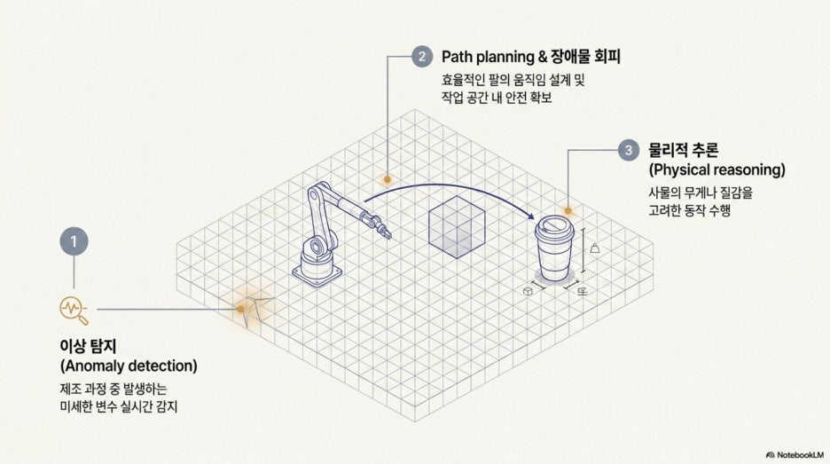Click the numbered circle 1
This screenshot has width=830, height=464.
tap(74, 241)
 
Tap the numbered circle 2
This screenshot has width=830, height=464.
tap(422, 57)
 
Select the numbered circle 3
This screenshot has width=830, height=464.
tap(629, 150)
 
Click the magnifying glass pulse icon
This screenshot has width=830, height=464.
tap(74, 310)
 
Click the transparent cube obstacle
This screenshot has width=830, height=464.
tap(457, 227)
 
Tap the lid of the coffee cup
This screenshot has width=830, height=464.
tap(554, 228)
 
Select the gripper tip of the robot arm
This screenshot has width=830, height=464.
tap(387, 233)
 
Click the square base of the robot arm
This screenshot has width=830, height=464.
tap(317, 274)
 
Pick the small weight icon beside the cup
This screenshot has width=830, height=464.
tap(595, 248)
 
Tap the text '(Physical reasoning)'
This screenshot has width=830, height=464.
tap(716, 169)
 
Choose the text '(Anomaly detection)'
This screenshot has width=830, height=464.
tap(129, 366)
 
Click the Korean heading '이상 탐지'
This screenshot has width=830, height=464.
tap(88, 346)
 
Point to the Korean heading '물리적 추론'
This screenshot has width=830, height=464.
tap(684, 150)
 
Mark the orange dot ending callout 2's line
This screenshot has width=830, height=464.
tap(388, 179)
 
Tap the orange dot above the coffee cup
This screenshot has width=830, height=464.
tap(568, 211)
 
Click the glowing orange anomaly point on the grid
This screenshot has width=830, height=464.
tap(241, 309)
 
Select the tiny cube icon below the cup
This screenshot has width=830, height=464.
tap(528, 291)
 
